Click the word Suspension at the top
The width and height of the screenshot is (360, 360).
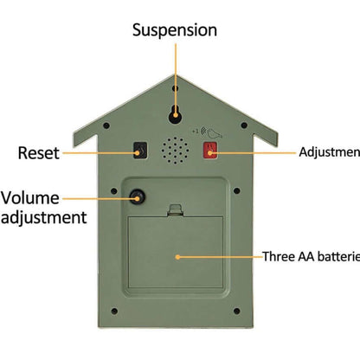pyautogui.click(x=174, y=30)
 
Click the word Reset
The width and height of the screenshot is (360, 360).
pyautogui.click(x=38, y=153)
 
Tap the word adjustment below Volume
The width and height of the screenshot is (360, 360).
pyautogui.click(x=44, y=218)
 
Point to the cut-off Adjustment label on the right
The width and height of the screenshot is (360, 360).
pyautogui.click(x=329, y=152)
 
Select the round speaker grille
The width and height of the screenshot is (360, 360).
pyautogui.click(x=176, y=150)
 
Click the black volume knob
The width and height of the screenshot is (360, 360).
pyautogui.click(x=136, y=198)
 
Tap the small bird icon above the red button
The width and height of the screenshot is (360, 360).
pyautogui.click(x=213, y=132)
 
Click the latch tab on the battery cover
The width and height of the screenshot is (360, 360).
pyautogui.click(x=177, y=210)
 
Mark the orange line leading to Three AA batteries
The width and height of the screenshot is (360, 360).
pyautogui.click(x=220, y=256)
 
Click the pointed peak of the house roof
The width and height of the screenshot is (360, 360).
pyautogui.click(x=176, y=76)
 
